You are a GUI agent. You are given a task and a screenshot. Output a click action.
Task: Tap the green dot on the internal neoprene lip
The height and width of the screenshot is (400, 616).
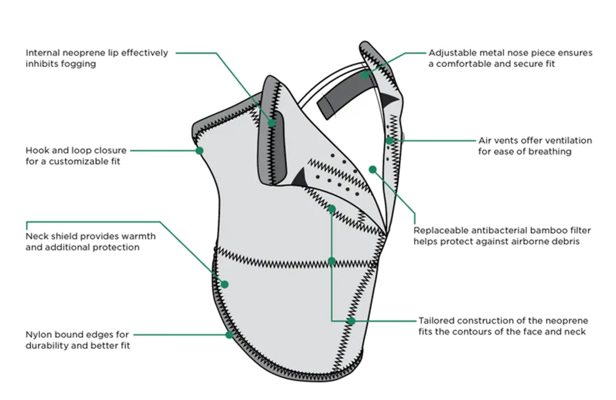(272, 123)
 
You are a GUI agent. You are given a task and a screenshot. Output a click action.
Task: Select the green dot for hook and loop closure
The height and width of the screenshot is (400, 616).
(199, 150)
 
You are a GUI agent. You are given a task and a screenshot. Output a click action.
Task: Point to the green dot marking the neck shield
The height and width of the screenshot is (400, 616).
(225, 284)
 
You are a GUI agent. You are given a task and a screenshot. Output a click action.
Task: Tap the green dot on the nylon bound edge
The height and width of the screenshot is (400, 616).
(229, 334)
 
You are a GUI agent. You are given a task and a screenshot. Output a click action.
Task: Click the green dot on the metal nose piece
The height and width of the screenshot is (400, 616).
(365, 74)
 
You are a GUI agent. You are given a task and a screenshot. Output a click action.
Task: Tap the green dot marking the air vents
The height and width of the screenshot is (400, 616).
(389, 140)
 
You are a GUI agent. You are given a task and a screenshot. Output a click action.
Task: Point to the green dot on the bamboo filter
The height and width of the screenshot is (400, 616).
(372, 169)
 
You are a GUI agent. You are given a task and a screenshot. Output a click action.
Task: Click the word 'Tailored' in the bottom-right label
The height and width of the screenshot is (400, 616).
(436, 321)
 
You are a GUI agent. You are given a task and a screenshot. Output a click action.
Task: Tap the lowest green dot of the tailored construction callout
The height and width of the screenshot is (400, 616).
(351, 321)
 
